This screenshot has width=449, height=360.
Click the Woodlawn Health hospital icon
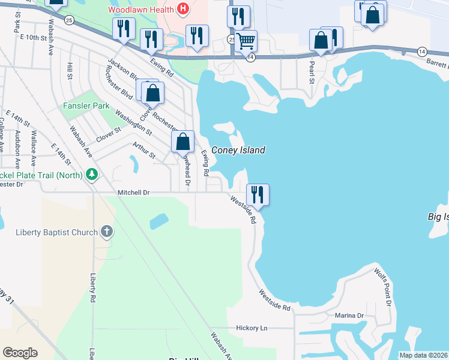183,10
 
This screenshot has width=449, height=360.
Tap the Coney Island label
238,151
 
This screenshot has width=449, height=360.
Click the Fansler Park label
86,106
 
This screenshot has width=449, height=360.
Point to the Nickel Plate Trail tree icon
91,175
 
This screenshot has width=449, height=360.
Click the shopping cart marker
246,41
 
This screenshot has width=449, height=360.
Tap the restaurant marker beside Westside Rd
258,194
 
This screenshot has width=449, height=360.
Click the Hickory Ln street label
252,328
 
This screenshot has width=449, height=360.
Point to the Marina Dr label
350,316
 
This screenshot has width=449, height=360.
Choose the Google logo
20,353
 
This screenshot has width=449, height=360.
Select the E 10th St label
33,37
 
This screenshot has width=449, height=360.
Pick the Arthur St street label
144,151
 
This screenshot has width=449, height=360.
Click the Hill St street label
70,71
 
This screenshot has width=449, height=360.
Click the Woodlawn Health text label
142,10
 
